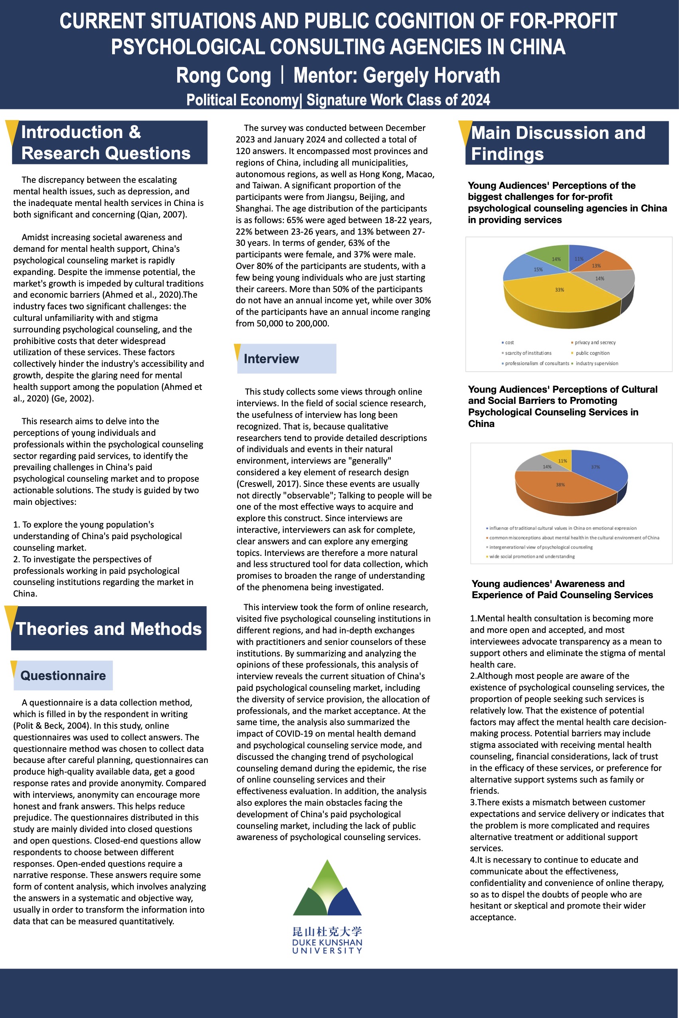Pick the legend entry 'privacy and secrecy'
tap(594, 342)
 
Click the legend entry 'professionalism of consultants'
tap(536, 363)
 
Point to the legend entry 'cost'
tap(509, 342)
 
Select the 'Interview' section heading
tap(271, 359)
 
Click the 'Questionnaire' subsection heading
tap(63, 675)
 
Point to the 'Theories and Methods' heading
tap(109, 629)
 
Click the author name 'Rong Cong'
tap(224, 76)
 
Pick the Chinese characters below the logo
tap(327, 931)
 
